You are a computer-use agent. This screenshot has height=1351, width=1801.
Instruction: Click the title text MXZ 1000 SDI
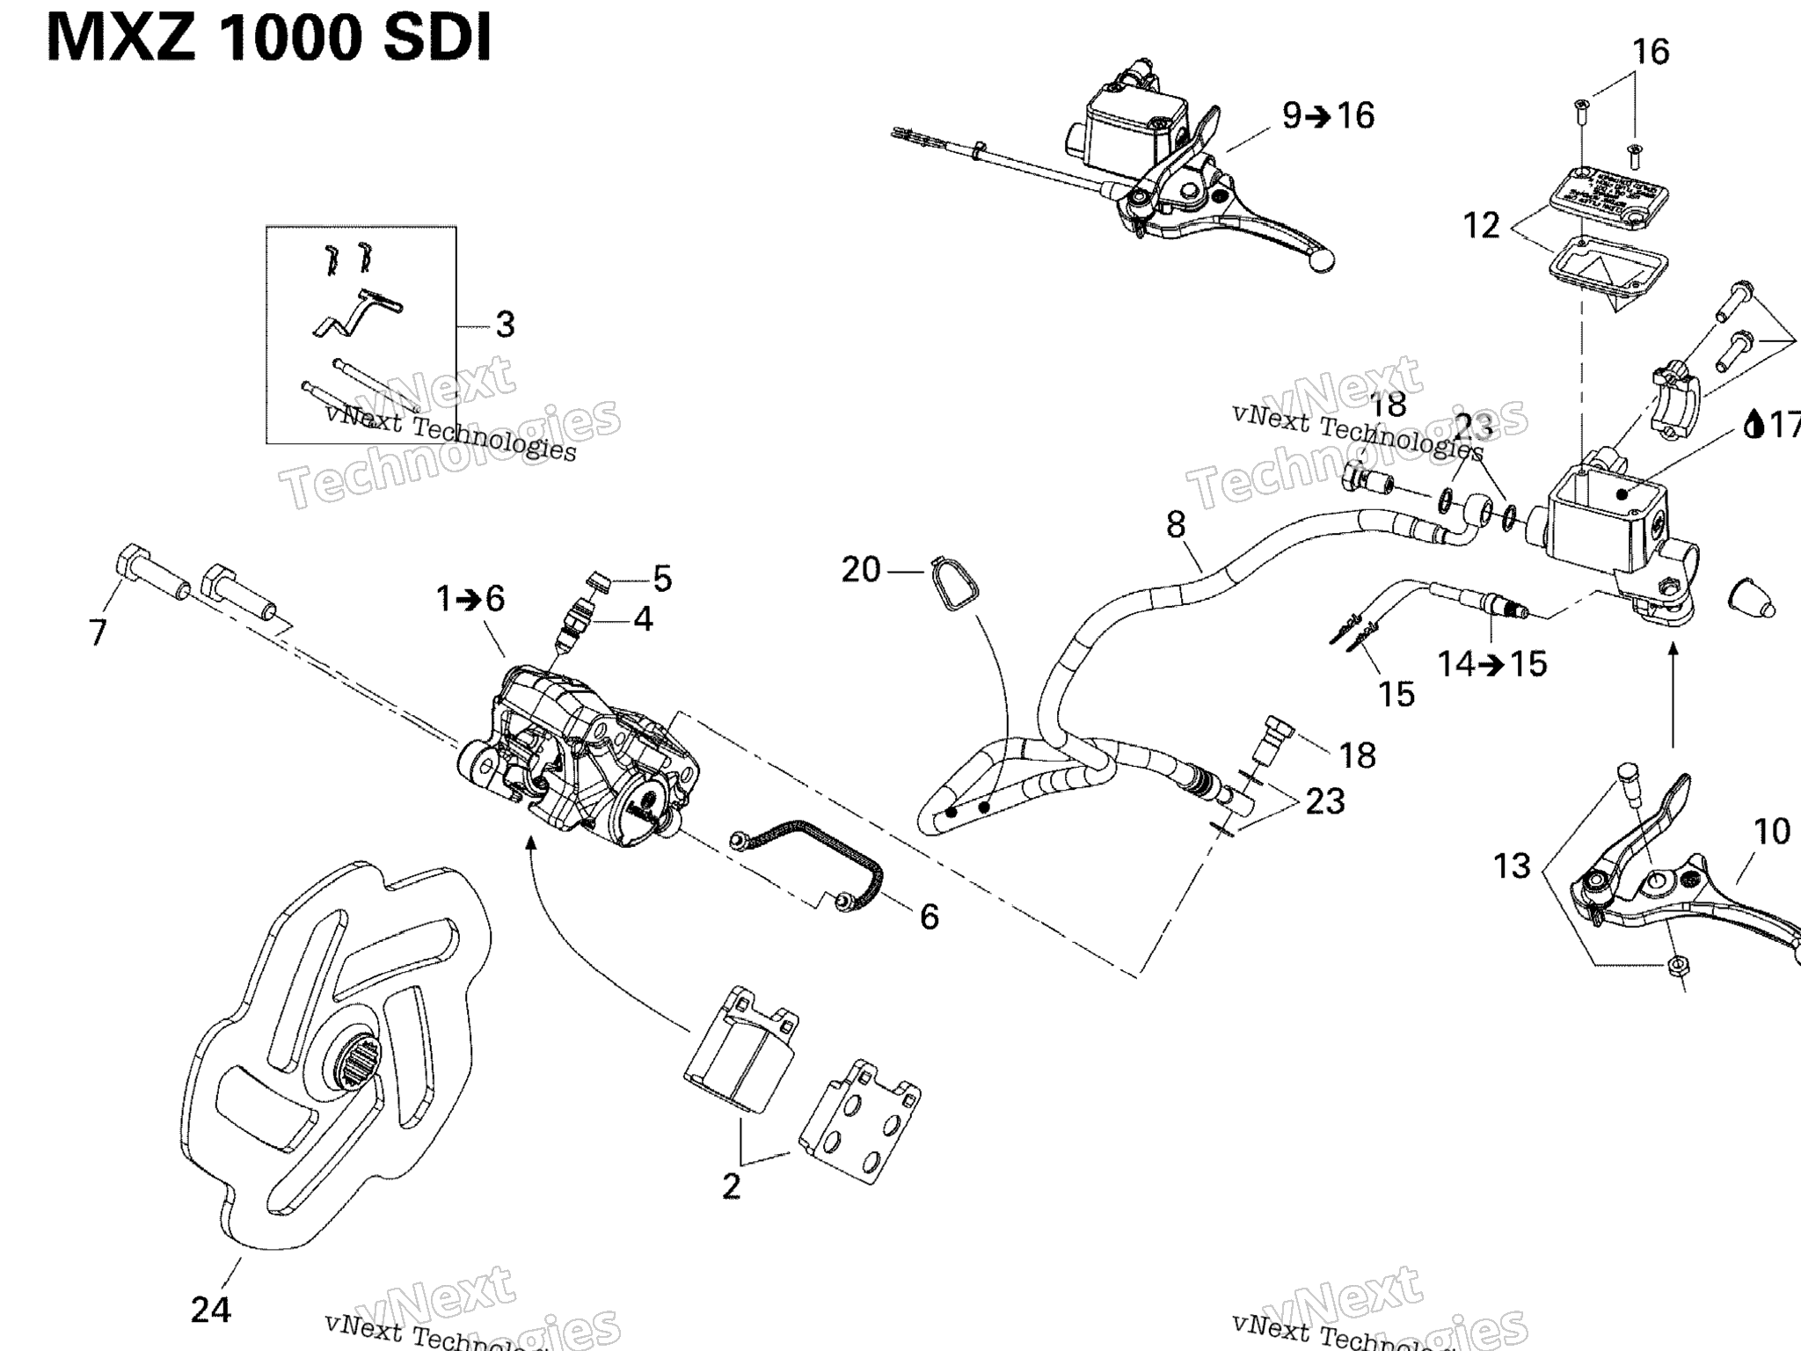click(x=268, y=40)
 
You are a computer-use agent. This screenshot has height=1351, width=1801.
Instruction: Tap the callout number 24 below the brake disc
click(x=211, y=1310)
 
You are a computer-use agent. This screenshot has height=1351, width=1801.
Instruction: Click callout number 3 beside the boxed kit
click(x=505, y=325)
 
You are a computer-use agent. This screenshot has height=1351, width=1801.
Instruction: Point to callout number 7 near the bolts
click(x=98, y=632)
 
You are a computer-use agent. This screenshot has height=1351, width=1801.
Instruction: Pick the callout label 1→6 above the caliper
click(x=470, y=600)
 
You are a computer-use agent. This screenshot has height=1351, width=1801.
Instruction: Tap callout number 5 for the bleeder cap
click(x=662, y=580)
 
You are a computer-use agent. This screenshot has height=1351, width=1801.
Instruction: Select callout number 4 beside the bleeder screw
click(x=644, y=620)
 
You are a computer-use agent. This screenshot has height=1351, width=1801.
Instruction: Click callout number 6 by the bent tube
click(x=930, y=917)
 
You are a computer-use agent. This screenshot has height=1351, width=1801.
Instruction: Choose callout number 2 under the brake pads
click(x=732, y=1187)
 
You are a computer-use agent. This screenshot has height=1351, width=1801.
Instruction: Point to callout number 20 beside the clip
click(x=861, y=570)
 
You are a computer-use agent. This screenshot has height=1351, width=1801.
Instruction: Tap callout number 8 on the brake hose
click(x=1176, y=525)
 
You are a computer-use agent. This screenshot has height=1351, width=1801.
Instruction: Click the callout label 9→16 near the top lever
click(x=1328, y=116)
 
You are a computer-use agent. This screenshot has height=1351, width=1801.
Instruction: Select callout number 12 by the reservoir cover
click(x=1482, y=226)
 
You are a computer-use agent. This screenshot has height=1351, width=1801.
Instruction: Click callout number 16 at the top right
click(x=1651, y=52)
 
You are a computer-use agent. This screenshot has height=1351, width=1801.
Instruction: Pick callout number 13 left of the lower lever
click(x=1513, y=866)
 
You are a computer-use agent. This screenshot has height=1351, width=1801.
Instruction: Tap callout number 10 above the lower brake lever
click(x=1772, y=831)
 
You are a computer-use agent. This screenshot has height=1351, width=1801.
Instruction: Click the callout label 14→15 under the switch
click(x=1491, y=664)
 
